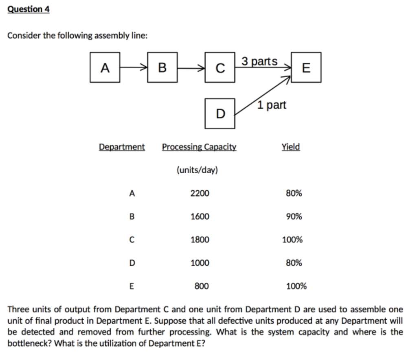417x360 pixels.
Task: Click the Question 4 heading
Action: (29, 9)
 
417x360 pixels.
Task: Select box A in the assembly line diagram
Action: (105, 68)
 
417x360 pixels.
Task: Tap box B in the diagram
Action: (162, 68)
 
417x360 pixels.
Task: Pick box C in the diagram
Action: (220, 68)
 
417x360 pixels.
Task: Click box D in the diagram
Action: (220, 113)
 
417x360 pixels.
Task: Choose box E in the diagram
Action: (306, 68)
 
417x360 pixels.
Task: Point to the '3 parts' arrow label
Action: (259, 61)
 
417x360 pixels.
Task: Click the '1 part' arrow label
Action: (272, 105)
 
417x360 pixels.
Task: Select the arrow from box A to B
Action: (134, 68)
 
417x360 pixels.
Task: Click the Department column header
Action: (122, 146)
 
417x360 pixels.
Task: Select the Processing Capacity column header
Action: (199, 146)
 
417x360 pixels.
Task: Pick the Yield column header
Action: (291, 146)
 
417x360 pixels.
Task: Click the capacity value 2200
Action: (200, 193)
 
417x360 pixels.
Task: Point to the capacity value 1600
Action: (200, 216)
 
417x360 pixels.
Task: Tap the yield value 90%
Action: (294, 216)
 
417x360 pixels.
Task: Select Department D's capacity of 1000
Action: (200, 263)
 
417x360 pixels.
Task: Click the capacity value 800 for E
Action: (202, 286)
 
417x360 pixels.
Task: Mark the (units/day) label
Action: (197, 170)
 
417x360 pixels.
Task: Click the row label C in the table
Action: (132, 240)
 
